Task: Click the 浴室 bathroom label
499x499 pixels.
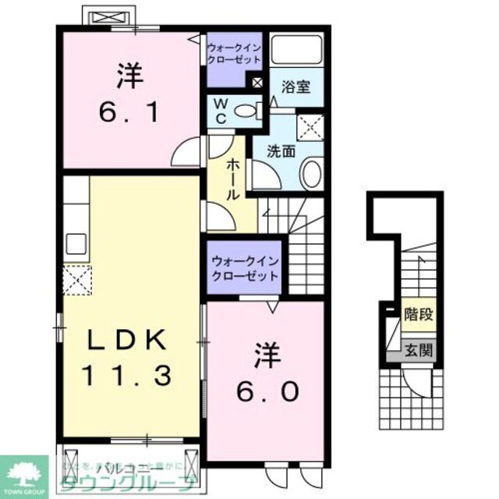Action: pyautogui.click(x=296, y=87)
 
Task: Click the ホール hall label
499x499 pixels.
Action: pyautogui.click(x=232, y=179)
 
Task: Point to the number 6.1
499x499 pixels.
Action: pyautogui.click(x=131, y=114)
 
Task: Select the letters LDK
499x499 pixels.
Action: pyautogui.click(x=126, y=341)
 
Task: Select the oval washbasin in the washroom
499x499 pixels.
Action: pyautogui.click(x=311, y=173)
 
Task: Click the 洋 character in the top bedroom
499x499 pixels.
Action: pyautogui.click(x=129, y=76)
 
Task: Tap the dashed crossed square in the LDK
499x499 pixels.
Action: pyautogui.click(x=78, y=279)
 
